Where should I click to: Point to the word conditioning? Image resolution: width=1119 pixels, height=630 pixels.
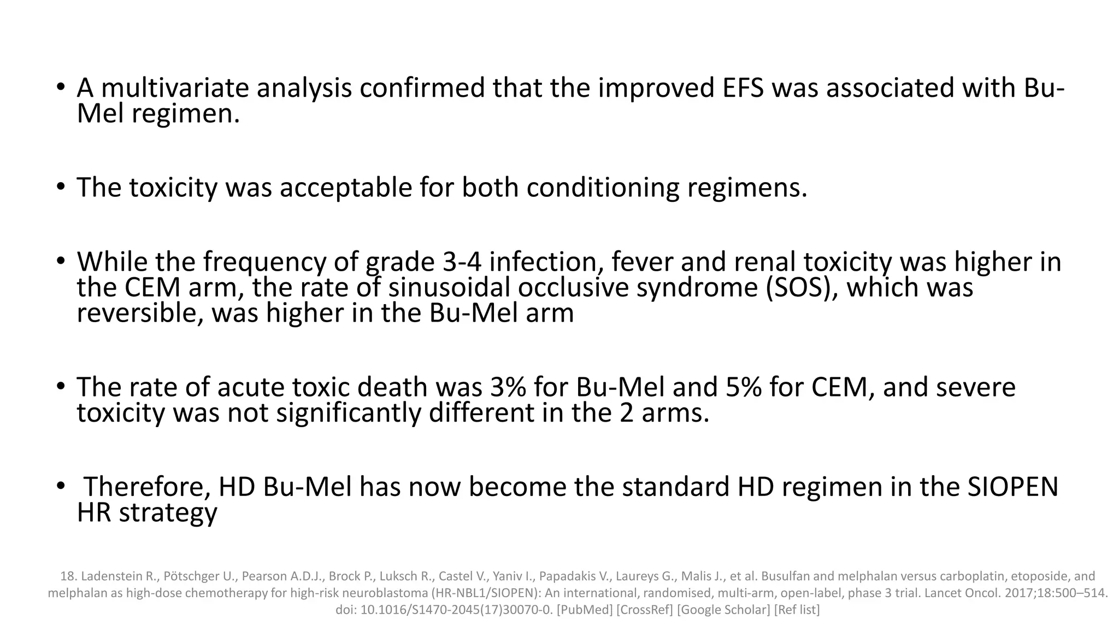(603, 188)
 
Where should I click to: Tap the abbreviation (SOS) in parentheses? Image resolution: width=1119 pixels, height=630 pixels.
(802, 288)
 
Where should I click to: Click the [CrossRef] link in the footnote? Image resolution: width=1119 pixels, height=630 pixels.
(645, 609)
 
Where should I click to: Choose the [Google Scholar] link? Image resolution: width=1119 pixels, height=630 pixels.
(724, 609)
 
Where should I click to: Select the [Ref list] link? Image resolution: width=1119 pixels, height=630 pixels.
(797, 609)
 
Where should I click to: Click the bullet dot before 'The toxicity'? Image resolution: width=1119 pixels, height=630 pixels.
(61, 188)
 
